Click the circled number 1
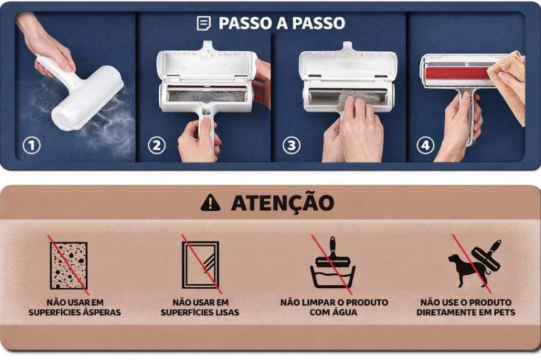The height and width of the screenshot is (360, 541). pyautogui.click(x=31, y=146)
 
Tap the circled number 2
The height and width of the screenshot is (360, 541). pyautogui.click(x=156, y=146)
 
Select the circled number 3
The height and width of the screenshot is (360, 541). pyautogui.click(x=292, y=146)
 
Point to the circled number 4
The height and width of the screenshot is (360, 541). pyautogui.click(x=425, y=146)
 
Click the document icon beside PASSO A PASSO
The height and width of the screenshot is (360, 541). pyautogui.click(x=204, y=23)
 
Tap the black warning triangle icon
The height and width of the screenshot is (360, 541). pyautogui.click(x=210, y=203)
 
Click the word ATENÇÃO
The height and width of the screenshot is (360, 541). pyautogui.click(x=283, y=203)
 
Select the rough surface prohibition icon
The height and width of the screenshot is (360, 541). pyautogui.click(x=68, y=265)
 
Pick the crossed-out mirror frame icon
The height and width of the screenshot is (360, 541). pyautogui.click(x=201, y=264)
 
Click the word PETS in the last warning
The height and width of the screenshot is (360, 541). pyautogui.click(x=504, y=312)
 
